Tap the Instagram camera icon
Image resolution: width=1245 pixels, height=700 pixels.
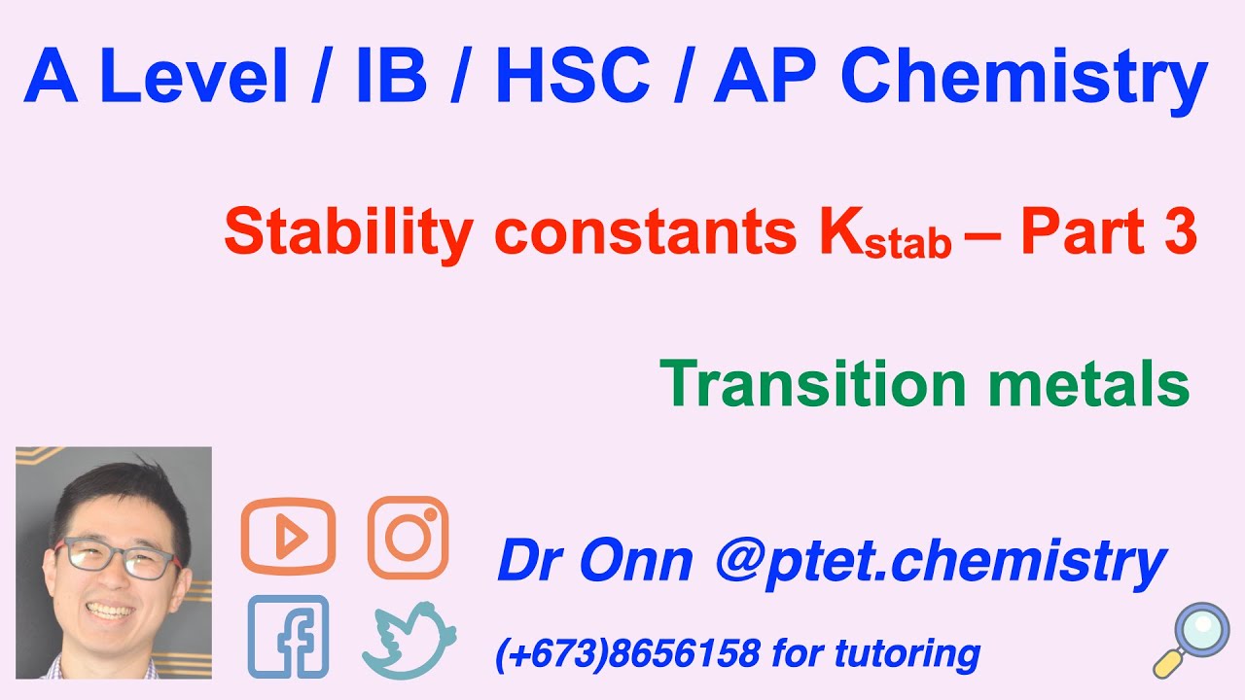click(408, 537)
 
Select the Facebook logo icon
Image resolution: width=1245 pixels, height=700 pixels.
click(288, 637)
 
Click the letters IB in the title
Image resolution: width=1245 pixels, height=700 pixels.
click(391, 77)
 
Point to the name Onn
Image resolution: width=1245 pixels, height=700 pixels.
click(637, 561)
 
